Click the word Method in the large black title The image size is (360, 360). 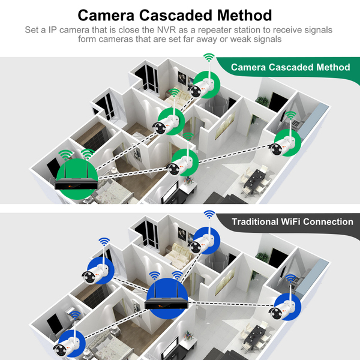[245, 16]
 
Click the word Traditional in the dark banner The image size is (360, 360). [255, 222]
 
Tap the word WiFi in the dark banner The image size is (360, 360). [290, 222]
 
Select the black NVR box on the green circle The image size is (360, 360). [76, 183]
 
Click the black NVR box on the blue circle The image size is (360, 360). [167, 303]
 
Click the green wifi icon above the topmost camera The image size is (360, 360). [209, 57]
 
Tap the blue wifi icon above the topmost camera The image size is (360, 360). [209, 214]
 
